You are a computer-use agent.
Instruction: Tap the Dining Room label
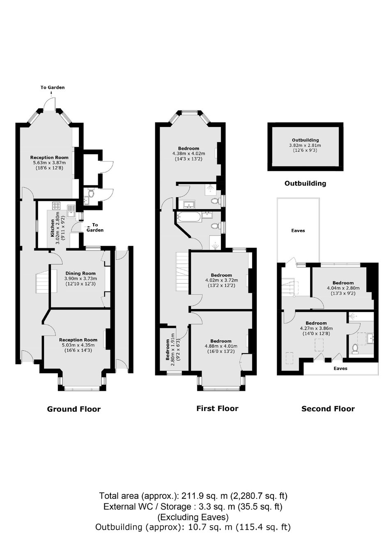(x=80, y=273)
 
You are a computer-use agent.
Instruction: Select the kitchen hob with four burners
(x=57, y=206)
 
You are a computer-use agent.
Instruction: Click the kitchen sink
(x=71, y=211)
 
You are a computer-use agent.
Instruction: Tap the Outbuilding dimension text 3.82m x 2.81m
(x=305, y=145)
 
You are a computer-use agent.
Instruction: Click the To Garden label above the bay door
(x=52, y=88)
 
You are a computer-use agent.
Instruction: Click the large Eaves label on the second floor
(x=298, y=231)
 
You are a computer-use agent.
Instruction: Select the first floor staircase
(x=183, y=271)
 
